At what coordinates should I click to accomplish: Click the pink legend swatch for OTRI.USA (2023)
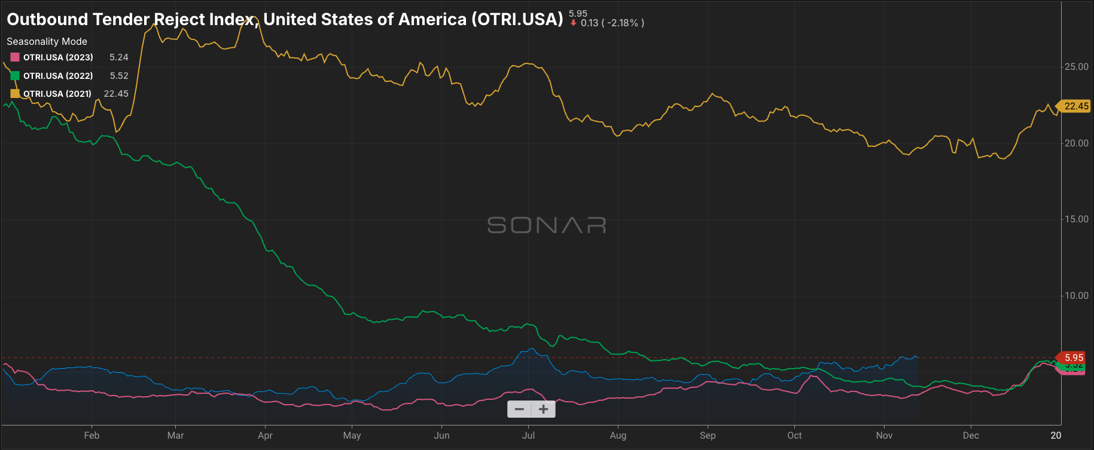[15, 57]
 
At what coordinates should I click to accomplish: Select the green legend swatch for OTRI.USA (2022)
[15, 76]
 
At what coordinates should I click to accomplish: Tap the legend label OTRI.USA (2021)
[57, 94]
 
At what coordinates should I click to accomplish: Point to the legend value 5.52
[119, 76]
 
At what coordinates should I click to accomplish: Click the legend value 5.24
[119, 57]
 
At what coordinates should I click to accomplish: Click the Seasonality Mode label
[47, 41]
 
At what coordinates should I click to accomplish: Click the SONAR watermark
[547, 225]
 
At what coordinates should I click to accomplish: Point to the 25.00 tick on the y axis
[1076, 67]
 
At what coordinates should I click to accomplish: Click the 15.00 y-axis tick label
[1076, 219]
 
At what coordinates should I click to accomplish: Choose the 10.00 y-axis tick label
[1076, 296]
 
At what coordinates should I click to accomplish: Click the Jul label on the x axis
[528, 436]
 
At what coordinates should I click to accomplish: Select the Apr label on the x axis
[265, 436]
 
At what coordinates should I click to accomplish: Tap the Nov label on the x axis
[884, 436]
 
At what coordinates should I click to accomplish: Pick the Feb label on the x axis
[92, 436]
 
